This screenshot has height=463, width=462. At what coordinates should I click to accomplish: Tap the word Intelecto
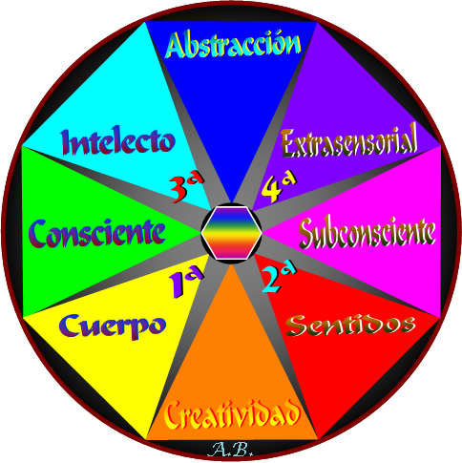point(118,141)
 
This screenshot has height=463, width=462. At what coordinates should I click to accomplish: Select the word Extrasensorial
point(348,141)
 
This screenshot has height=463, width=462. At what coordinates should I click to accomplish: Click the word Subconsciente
point(367,233)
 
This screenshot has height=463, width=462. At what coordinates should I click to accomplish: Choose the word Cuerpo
point(113,326)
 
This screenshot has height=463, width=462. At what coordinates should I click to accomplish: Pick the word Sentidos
point(350,325)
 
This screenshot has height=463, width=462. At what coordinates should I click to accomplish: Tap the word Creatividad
point(232,413)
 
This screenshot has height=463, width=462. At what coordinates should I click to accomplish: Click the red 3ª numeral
point(186,189)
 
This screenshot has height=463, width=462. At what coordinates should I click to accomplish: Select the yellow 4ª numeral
point(279,188)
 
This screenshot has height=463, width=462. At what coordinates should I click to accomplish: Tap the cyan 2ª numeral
point(279,279)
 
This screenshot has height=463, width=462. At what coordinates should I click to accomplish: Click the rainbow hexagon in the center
point(232,233)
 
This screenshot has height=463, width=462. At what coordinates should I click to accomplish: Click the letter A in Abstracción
point(176,45)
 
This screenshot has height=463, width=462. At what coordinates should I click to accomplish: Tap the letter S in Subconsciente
point(307,233)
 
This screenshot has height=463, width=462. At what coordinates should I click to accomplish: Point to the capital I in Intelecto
point(68,142)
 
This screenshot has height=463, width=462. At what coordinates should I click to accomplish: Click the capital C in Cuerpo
point(69,325)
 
